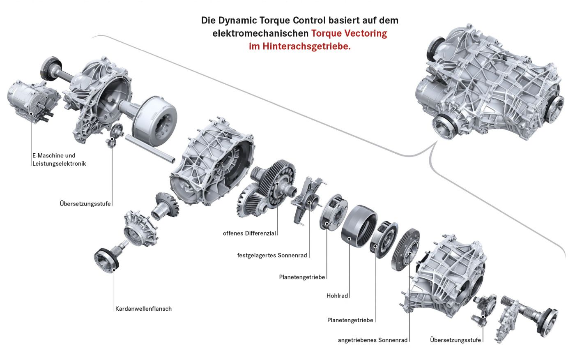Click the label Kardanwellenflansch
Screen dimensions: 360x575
(x=144, y=309)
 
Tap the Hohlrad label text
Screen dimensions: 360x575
(x=337, y=295)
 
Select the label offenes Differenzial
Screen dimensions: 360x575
(x=249, y=233)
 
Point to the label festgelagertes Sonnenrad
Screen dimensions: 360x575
(x=272, y=255)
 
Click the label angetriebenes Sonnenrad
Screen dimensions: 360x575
(x=373, y=340)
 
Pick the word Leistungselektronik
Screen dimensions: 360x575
(x=59, y=164)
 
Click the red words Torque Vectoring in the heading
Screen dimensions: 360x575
(x=349, y=33)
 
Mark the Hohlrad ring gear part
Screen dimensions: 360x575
(x=358, y=226)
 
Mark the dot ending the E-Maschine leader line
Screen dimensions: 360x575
(x=31, y=113)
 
